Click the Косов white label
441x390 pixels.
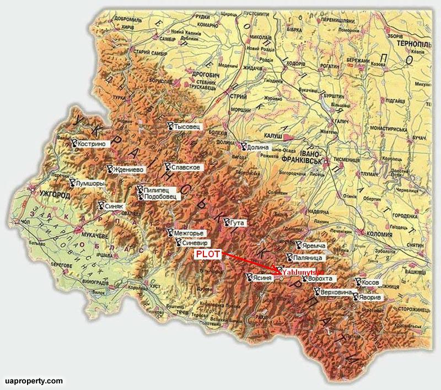tap(370, 283)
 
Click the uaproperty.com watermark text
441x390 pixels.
tap(33, 381)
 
